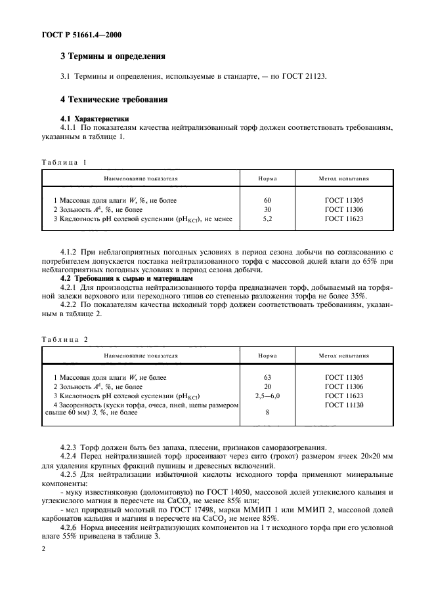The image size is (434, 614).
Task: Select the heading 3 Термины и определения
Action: tap(112, 56)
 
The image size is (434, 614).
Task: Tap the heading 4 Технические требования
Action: tap(114, 100)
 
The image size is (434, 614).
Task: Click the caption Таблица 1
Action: tap(64, 161)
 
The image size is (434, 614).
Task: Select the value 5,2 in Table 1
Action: tap(267, 218)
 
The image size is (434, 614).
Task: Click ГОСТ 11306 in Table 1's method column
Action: tap(343, 209)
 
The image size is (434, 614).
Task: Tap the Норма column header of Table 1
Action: tap(267, 178)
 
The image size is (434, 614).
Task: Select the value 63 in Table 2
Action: tap(267, 378)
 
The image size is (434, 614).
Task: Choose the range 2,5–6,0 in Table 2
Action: tap(267, 396)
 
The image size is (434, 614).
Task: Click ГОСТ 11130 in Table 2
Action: tap(343, 405)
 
